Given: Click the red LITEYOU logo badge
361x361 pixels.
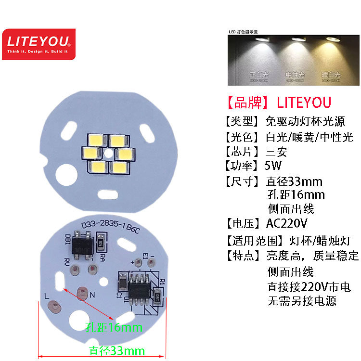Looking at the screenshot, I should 39,44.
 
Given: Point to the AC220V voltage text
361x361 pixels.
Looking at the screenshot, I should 286,223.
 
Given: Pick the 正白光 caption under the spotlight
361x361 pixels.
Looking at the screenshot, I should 259,75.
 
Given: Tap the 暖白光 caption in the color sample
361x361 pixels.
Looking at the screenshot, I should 331,75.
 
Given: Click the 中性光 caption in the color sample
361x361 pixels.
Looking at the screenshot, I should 295,75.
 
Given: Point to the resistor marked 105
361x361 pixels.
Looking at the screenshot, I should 101,242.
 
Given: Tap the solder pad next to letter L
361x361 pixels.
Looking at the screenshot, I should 55,306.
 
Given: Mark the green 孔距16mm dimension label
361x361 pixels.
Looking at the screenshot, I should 114,328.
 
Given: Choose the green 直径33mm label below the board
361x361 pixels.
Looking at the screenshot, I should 116,351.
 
